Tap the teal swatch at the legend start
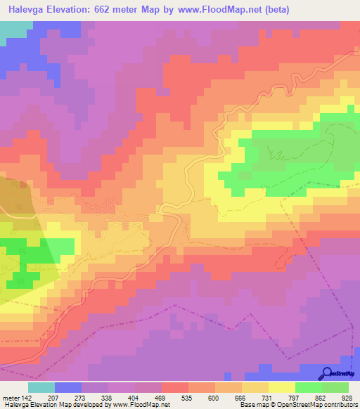point(41,387)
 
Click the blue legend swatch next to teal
point(68,387)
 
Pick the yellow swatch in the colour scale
point(282,387)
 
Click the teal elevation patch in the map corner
point(14,28)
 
